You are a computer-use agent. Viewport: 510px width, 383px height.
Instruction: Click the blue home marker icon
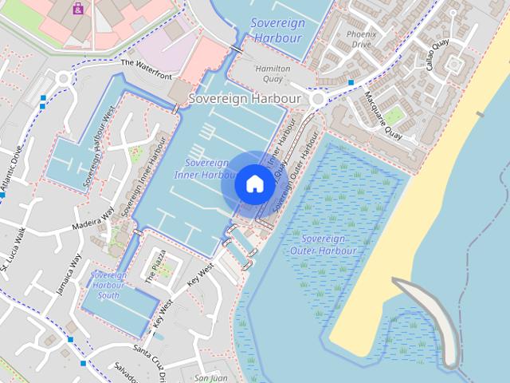[x=254, y=184]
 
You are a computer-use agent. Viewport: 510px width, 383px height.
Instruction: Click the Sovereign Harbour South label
[x=108, y=285]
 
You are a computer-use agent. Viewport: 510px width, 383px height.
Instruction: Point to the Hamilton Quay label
[x=272, y=73]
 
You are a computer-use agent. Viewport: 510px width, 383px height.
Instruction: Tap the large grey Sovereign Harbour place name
[x=244, y=99]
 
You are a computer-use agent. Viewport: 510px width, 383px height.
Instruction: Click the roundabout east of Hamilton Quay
[x=320, y=100]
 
